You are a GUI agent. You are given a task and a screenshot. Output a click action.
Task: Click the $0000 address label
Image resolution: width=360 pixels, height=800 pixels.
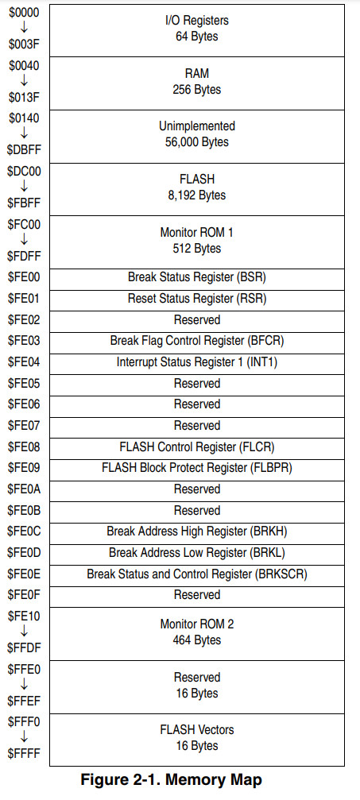click(x=24, y=12)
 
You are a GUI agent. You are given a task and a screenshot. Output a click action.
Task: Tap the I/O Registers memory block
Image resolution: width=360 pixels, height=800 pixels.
click(x=196, y=31)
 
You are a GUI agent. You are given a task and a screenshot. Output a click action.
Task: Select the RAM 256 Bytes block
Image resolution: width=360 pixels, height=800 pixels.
click(x=196, y=83)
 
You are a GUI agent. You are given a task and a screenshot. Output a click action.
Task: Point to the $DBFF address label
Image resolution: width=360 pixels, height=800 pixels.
click(x=24, y=150)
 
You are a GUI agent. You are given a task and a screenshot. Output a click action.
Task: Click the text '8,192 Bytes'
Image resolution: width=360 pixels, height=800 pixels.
click(x=196, y=195)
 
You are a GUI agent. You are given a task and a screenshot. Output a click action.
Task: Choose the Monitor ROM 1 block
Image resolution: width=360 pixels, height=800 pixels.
click(x=196, y=242)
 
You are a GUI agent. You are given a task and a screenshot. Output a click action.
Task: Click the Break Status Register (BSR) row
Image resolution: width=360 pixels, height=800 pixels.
click(x=196, y=279)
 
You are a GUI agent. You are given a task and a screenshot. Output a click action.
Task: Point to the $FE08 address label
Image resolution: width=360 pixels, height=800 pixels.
click(x=24, y=447)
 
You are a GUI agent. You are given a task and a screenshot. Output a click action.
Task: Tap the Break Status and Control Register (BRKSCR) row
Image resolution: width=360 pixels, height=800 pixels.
click(x=196, y=575)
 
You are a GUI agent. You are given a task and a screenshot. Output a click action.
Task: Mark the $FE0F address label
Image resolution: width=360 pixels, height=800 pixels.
click(x=24, y=595)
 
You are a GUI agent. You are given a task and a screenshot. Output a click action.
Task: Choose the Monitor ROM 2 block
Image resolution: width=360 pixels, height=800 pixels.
click(x=196, y=634)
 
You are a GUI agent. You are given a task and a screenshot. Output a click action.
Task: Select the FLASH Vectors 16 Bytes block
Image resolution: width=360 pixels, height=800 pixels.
click(x=196, y=740)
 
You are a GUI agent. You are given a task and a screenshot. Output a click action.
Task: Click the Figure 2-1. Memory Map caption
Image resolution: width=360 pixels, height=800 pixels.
click(x=171, y=780)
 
